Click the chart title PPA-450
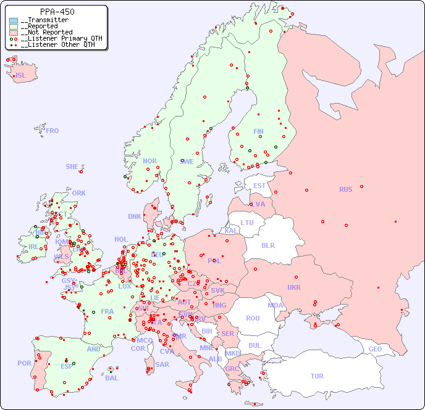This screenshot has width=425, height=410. point(57,12)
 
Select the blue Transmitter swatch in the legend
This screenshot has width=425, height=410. point(14,20)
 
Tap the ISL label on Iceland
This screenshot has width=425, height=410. point(21,76)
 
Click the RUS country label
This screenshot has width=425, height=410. point(345,189)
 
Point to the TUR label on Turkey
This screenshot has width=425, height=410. point(317,376)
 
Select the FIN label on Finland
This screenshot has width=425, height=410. point(258,131)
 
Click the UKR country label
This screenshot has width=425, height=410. point(294,287)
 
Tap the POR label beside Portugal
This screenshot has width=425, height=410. point(24,363)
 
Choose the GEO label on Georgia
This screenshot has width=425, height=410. point(375,349)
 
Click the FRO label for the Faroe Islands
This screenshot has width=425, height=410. point(53,131)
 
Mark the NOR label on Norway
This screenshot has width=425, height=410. point(149,161)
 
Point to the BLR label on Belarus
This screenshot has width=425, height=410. point(267,245)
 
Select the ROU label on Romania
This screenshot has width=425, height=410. point(253,318)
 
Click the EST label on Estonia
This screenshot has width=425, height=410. point(259,186)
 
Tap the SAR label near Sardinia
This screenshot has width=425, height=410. point(162,364)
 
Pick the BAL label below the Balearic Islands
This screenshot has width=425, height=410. point(111,378)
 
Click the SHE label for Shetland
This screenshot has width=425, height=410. point(72,166)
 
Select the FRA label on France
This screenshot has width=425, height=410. point(107,311)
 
